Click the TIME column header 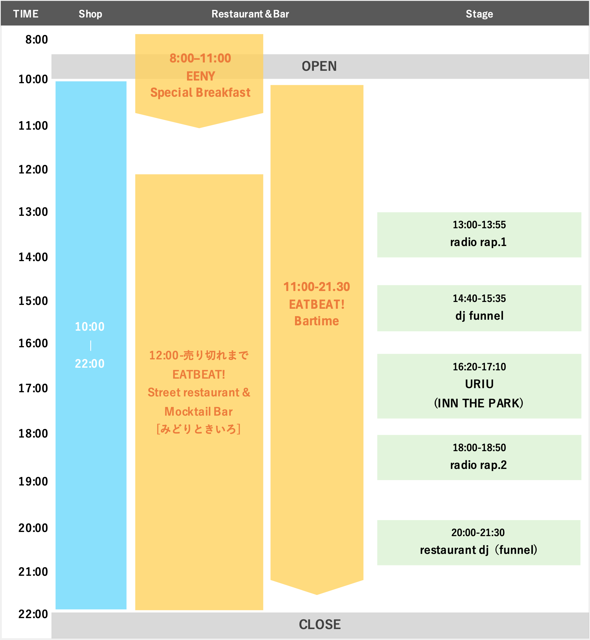[x=26, y=14]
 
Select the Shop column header [x=90, y=14]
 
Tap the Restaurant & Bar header [x=250, y=14]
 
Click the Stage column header [x=479, y=14]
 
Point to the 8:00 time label [x=36, y=40]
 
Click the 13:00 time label [x=33, y=212]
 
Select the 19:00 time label [x=33, y=481]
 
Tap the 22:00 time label [x=33, y=614]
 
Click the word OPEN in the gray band [x=319, y=66]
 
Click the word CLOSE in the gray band [x=320, y=624]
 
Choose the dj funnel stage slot [x=479, y=308]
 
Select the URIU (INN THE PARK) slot [x=479, y=386]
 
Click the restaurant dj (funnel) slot [x=478, y=542]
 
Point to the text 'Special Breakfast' [x=200, y=93]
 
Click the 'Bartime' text [x=316, y=321]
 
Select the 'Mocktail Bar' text [x=199, y=412]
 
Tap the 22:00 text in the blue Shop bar [x=90, y=364]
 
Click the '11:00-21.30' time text [x=316, y=287]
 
